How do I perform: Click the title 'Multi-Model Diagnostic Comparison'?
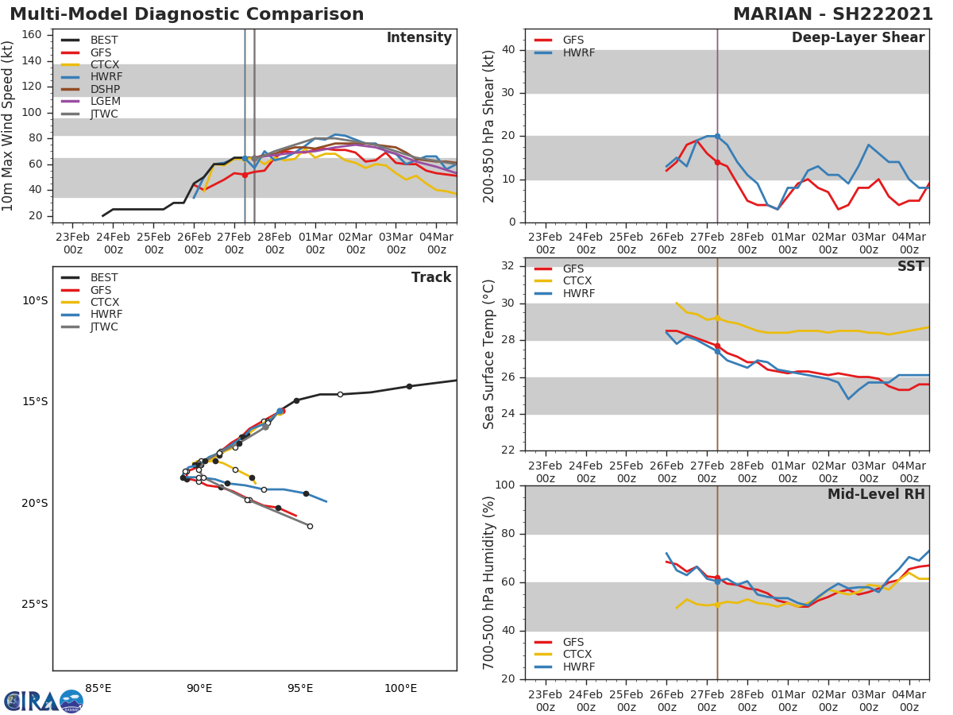tap(187, 14)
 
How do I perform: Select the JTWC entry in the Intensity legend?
tap(104, 114)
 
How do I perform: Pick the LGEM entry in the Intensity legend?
tap(106, 101)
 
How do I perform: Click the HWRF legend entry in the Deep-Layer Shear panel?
tap(578, 52)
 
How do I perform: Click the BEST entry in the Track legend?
tap(104, 278)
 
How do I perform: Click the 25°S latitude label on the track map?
tap(35, 604)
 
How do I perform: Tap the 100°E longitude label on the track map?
tap(400, 688)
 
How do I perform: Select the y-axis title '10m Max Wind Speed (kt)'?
tap(10, 126)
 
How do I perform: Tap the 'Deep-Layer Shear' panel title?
tap(858, 38)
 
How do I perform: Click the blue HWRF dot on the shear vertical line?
tap(717, 136)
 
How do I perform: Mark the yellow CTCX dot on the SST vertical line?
tap(717, 318)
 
